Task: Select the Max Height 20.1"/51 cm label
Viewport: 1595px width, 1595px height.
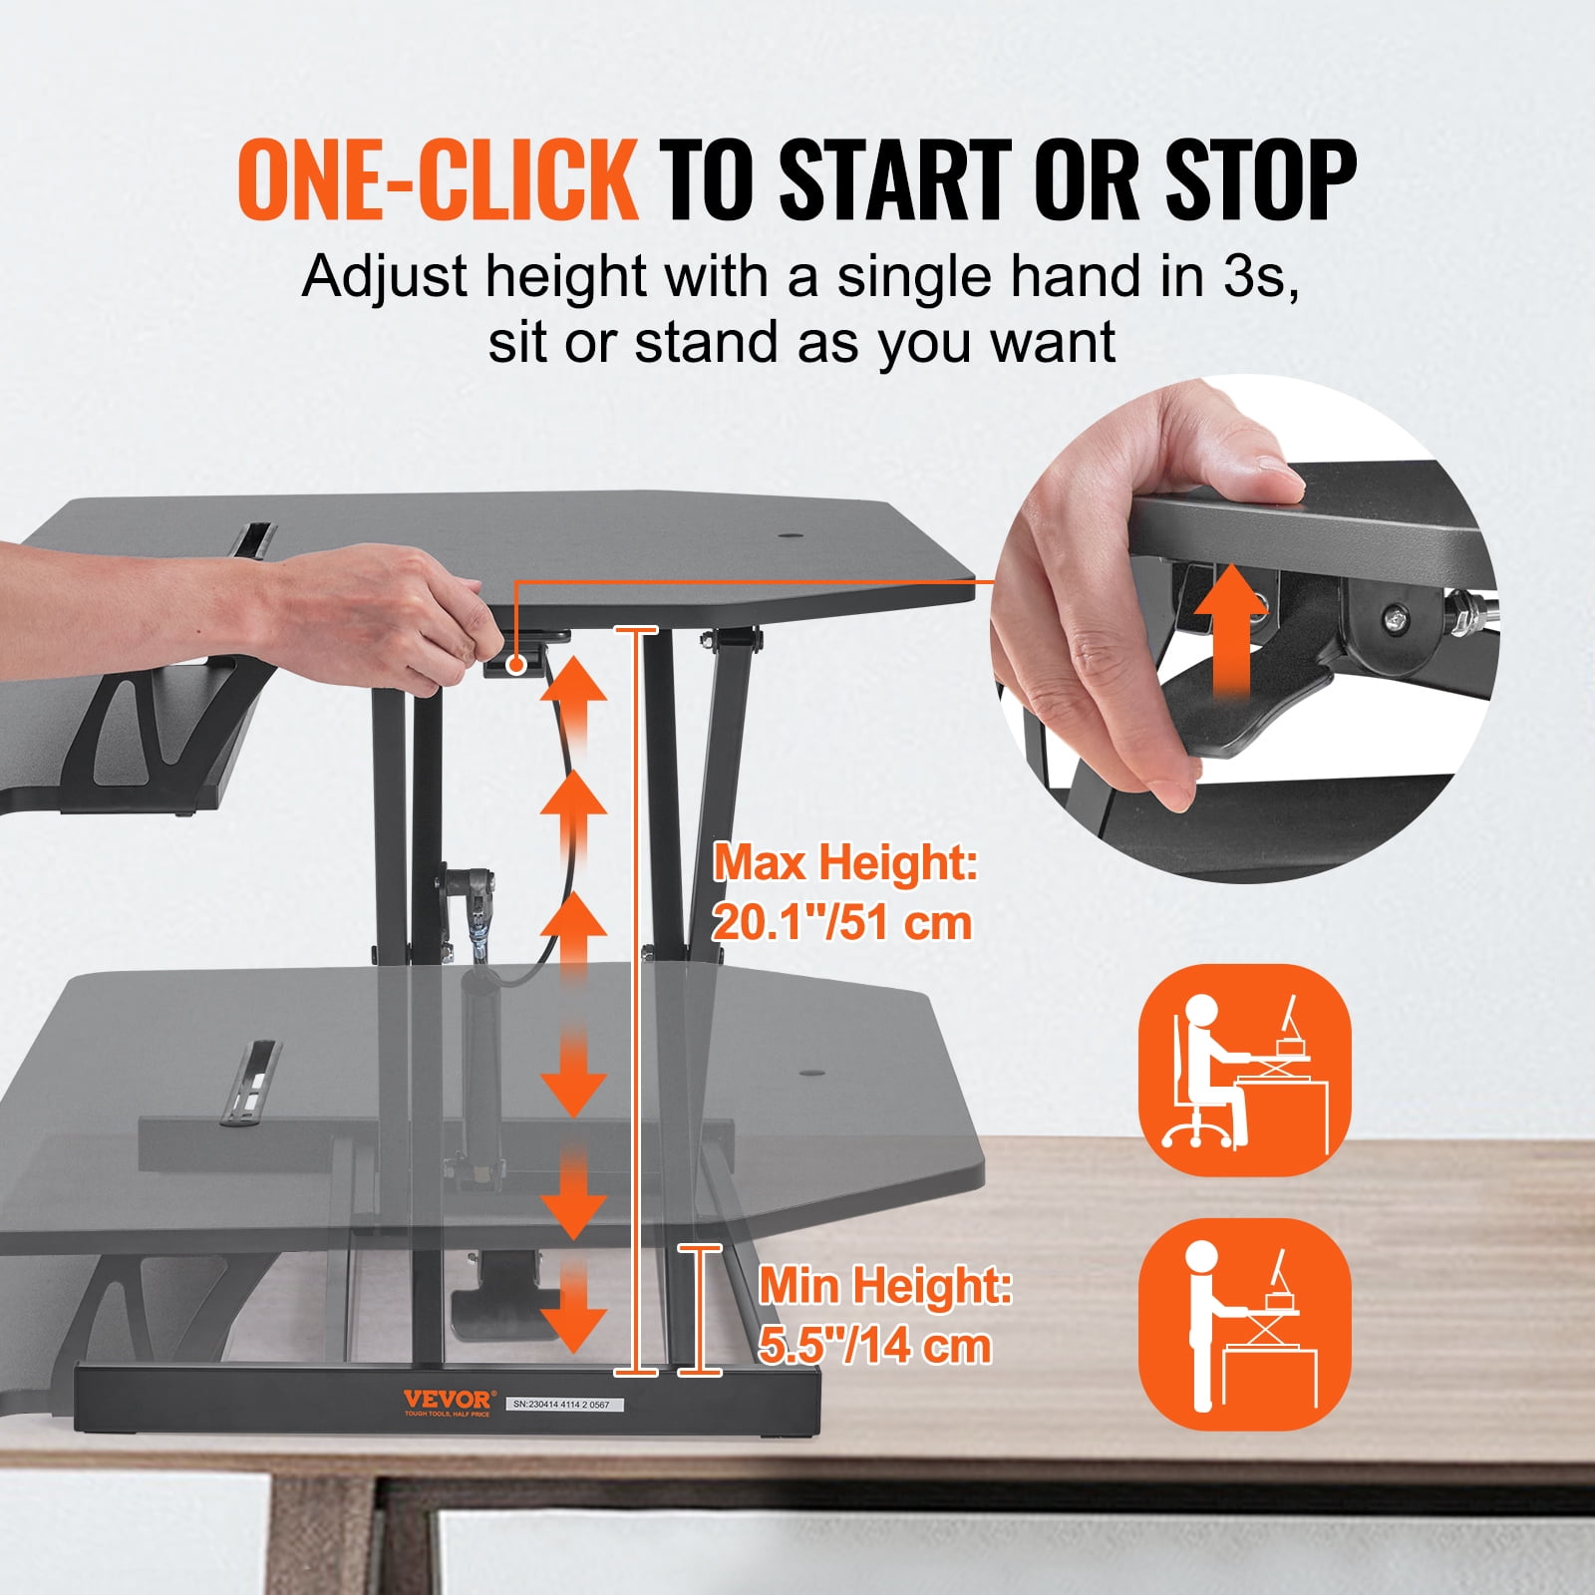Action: tap(844, 892)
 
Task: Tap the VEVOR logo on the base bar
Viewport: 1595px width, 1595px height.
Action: tap(447, 1401)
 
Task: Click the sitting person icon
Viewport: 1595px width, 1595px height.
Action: tap(1244, 1071)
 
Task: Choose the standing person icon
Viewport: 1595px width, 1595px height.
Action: tap(1244, 1324)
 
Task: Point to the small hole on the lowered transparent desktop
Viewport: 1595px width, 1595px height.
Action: tap(812, 1075)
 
